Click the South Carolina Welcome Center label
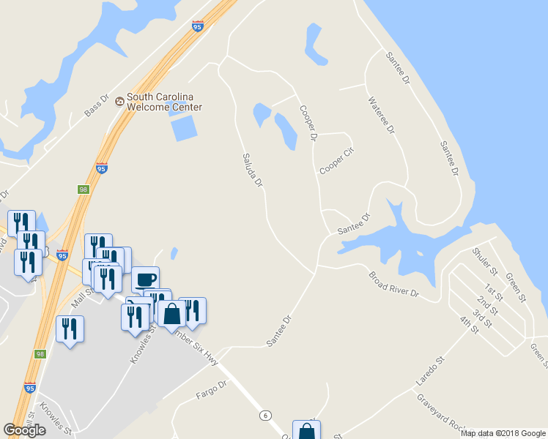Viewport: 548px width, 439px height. click(x=164, y=102)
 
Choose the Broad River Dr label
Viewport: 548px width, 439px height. click(x=393, y=285)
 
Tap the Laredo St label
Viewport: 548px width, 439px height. click(x=431, y=372)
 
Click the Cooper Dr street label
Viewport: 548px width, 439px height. click(x=308, y=122)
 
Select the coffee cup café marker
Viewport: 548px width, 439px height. click(x=145, y=279)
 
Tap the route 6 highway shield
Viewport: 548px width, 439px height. click(x=263, y=415)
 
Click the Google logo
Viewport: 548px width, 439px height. click(x=25, y=430)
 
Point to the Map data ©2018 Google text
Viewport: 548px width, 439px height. click(x=503, y=433)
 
